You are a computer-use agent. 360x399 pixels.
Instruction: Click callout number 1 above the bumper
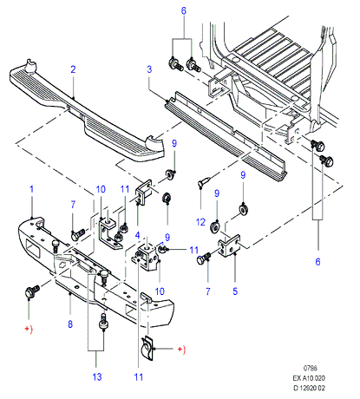pyautogui.click(x=32, y=189)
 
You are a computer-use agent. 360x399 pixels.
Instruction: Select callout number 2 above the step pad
pyautogui.click(x=73, y=69)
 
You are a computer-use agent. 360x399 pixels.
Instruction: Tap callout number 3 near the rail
pyautogui.click(x=149, y=69)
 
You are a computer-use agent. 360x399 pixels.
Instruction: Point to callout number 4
pyautogui.click(x=138, y=235)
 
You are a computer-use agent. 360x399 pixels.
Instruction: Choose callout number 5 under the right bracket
pyautogui.click(x=235, y=291)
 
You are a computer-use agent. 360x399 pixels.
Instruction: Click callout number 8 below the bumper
pyautogui.click(x=70, y=324)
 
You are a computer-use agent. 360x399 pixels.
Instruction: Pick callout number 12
pyautogui.click(x=200, y=222)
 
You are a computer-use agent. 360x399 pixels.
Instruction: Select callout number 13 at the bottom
pyautogui.click(x=97, y=377)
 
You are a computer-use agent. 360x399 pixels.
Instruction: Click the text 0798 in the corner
pyautogui.click(x=311, y=368)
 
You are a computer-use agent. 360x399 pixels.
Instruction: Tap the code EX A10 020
pyautogui.click(x=309, y=378)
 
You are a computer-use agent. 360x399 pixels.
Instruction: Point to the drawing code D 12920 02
pyautogui.click(x=309, y=388)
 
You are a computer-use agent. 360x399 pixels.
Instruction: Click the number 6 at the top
pyautogui.click(x=184, y=11)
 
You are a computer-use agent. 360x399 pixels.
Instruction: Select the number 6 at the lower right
pyautogui.click(x=317, y=262)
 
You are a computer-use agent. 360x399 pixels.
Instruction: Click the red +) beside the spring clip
pyautogui.click(x=181, y=350)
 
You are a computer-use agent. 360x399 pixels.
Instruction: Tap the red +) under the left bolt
pyautogui.click(x=29, y=329)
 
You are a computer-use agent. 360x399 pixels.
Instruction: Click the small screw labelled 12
pyautogui.click(x=204, y=181)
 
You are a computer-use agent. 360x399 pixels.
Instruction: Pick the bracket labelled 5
pyautogui.click(x=230, y=246)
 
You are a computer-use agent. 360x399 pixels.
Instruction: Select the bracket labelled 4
pyautogui.click(x=144, y=192)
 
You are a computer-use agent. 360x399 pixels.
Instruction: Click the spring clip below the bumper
pyautogui.click(x=147, y=349)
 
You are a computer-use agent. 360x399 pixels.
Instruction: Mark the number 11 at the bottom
pyautogui.click(x=139, y=377)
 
